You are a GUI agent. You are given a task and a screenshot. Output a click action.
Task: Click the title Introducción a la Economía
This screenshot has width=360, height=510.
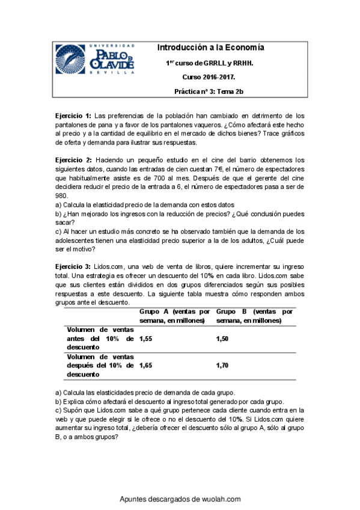[210, 48]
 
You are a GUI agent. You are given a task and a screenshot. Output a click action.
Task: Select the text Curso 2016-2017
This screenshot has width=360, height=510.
[209, 77]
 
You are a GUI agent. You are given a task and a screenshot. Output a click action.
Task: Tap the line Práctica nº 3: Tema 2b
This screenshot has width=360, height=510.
[209, 91]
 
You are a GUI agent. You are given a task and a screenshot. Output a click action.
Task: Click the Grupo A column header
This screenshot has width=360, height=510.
[174, 316]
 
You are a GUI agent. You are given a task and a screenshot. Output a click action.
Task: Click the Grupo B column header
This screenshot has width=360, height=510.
[254, 316]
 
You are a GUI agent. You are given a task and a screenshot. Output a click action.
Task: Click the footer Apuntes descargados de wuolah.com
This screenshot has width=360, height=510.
[180, 499]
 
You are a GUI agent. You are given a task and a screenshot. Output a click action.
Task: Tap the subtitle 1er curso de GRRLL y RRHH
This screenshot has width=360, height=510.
[209, 63]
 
